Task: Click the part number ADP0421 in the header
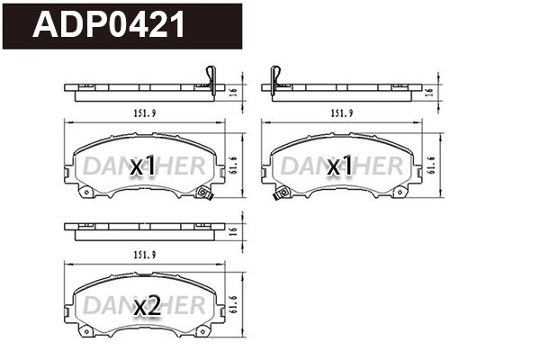point(110,25)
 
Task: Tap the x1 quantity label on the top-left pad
point(144,166)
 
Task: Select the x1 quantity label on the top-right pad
point(339,166)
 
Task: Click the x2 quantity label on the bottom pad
point(146,307)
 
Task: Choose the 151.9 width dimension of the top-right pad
point(340,113)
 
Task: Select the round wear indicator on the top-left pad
point(204,191)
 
